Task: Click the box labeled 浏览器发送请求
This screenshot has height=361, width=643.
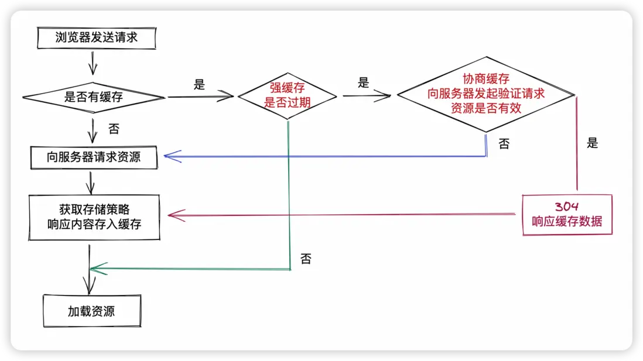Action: [97, 37]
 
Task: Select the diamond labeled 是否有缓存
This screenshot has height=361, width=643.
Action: [94, 97]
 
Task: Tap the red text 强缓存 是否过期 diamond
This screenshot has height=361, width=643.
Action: [287, 95]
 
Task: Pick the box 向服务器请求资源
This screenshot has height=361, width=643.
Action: [94, 157]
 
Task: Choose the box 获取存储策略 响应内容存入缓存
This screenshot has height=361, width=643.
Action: [94, 216]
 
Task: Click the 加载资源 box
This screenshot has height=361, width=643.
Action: [92, 311]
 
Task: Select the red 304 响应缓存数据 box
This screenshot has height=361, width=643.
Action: [567, 215]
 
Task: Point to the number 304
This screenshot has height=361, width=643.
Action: [567, 207]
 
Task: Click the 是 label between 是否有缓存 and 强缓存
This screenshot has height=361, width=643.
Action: [199, 85]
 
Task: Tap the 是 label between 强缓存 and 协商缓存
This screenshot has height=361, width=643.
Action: [364, 83]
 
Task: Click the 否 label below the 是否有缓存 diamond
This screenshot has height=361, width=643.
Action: [114, 128]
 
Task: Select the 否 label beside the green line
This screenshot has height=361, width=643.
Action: [306, 259]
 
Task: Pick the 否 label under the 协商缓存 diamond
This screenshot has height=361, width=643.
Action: [504, 143]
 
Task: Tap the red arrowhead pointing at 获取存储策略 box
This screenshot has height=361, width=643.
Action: [175, 215]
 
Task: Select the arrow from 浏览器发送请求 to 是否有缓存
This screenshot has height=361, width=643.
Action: [93, 61]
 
